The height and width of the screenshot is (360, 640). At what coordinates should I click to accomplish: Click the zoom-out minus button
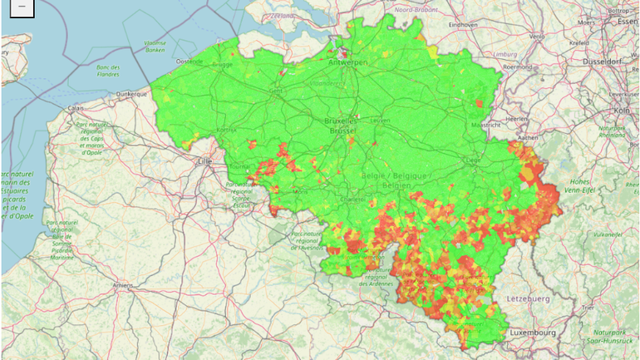(x=21, y=7)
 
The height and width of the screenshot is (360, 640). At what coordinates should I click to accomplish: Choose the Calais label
(x=76, y=107)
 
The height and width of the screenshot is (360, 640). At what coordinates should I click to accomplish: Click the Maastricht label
(x=485, y=125)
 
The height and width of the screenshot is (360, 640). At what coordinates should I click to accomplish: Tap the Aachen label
(x=527, y=137)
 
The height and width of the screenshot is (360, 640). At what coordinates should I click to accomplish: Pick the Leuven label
(x=380, y=121)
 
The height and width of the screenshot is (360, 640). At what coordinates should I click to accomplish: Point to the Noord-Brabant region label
(x=415, y=9)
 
